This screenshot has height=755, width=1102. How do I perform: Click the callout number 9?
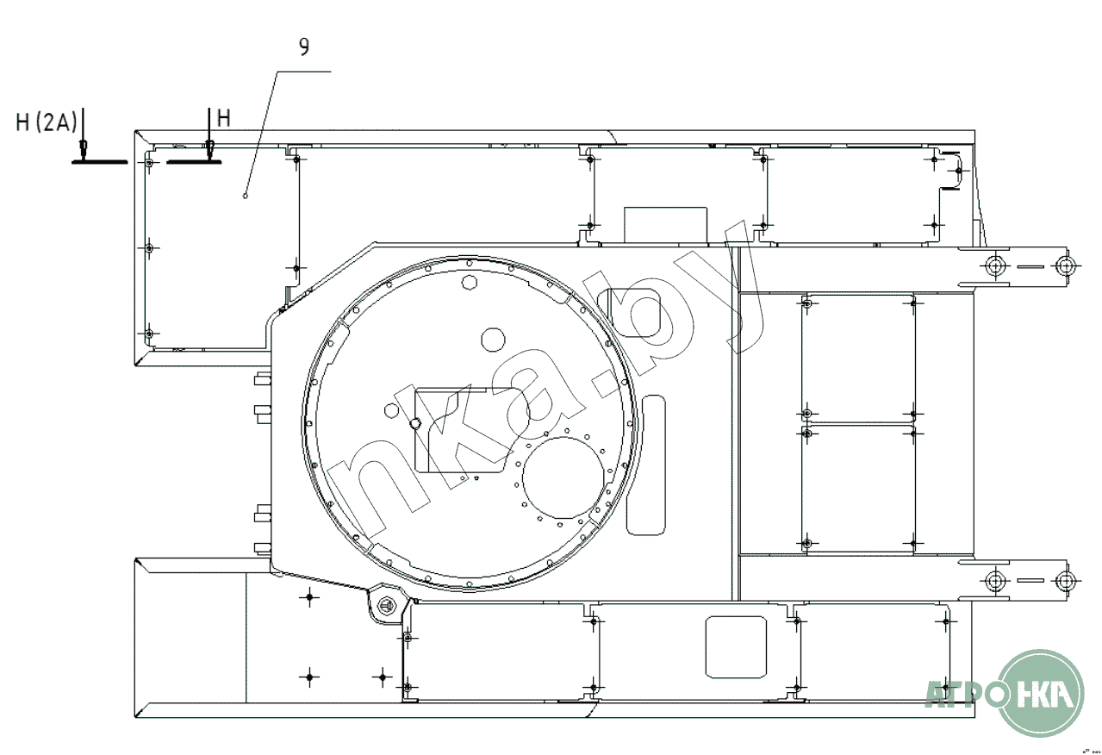point(304,47)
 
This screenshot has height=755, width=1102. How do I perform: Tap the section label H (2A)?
point(47,122)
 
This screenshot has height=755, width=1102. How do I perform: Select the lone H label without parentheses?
point(224,118)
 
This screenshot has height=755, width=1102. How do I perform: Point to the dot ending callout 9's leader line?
point(246,197)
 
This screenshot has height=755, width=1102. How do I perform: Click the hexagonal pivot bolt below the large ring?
point(388,605)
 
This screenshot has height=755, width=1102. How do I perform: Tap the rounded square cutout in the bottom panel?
point(736,646)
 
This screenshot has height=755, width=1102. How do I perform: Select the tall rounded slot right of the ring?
point(645,465)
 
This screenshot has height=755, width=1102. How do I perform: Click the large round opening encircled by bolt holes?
point(563,477)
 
